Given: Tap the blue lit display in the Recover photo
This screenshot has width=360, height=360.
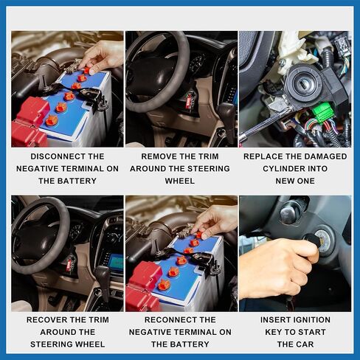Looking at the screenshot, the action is point(116,263).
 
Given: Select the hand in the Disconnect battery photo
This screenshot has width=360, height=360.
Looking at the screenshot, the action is point(103,57).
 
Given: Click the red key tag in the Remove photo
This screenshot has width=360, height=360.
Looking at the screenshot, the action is point(189,101).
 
